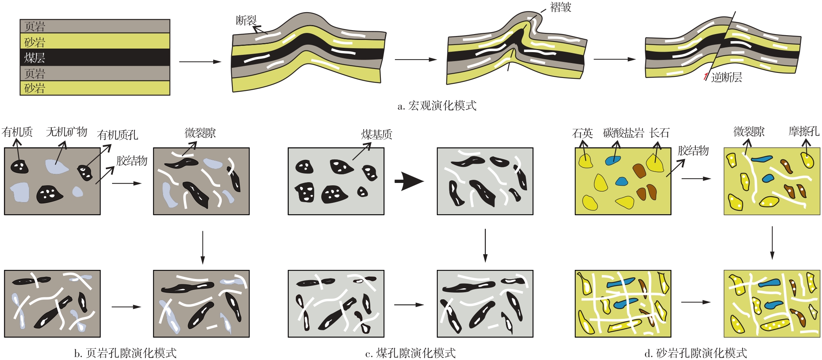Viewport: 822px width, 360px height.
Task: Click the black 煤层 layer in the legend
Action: [x=95, y=57]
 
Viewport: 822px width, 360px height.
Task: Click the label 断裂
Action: [x=246, y=20]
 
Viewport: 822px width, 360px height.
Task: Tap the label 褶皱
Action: [x=561, y=7]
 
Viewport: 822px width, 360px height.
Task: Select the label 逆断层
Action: [x=726, y=77]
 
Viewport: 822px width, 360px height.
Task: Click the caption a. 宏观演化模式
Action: [x=437, y=106]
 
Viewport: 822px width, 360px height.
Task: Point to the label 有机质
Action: [x=17, y=132]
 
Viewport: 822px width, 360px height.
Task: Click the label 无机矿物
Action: [x=67, y=132]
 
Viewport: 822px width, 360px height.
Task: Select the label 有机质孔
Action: [x=118, y=135]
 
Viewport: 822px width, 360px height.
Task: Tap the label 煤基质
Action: [x=377, y=135]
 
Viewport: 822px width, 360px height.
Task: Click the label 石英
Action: [x=583, y=133]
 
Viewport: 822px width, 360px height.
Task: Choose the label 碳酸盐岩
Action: [x=623, y=133]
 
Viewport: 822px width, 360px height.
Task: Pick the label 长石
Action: [x=659, y=133]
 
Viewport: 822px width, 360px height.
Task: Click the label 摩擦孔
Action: [x=804, y=132]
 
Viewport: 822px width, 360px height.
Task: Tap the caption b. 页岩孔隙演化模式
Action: [x=125, y=353]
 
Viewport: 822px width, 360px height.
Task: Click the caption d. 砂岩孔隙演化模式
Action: [x=696, y=353]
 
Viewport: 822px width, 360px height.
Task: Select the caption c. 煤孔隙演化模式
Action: [x=410, y=353]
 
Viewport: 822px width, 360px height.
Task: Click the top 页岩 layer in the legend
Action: [x=95, y=26]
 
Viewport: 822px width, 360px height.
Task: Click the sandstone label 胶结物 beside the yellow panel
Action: [x=693, y=151]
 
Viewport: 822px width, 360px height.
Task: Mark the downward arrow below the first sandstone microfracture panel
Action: [x=772, y=243]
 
